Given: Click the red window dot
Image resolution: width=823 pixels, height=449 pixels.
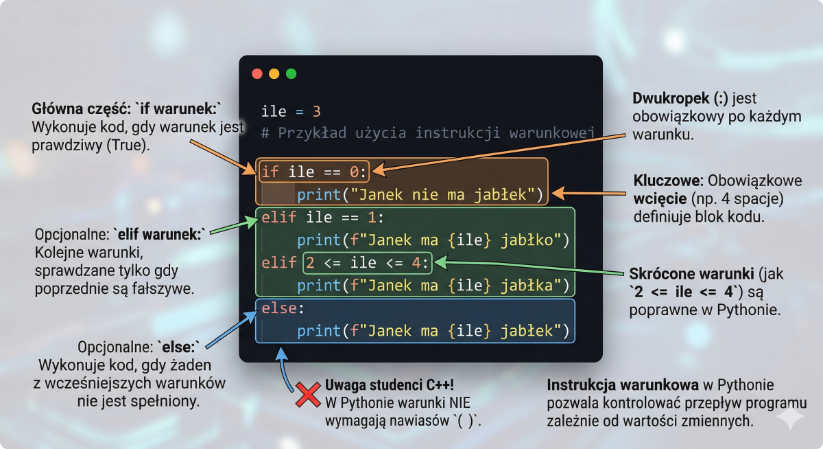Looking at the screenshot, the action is point(257,74).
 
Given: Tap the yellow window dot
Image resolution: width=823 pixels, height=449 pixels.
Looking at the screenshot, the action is point(274,74).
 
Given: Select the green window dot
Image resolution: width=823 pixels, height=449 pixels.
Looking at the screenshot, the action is point(291,74).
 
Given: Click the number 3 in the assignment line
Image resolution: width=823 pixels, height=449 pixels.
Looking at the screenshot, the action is point(317,111).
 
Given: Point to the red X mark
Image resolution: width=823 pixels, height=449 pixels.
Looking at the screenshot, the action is point(308,395).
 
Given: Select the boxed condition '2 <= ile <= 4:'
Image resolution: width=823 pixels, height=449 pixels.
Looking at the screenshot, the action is point(368,263).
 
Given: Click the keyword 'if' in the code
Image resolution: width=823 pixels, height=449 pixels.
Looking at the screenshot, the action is point(270,172).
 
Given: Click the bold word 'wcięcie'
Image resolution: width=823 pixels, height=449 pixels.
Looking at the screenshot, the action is point(660,199).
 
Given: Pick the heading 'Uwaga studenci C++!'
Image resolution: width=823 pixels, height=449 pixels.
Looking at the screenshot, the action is point(390,385).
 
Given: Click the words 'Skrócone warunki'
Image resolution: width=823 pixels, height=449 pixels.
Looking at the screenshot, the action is point(691,274).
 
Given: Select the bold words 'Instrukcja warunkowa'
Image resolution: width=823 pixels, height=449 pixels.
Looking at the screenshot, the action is point(623,385).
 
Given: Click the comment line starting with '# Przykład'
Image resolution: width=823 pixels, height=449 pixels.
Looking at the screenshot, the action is point(428,133).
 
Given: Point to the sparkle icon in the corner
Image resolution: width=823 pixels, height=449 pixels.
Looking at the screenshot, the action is point(790,418).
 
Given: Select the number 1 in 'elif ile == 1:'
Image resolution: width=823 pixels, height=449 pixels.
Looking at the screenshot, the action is point(372,218).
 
